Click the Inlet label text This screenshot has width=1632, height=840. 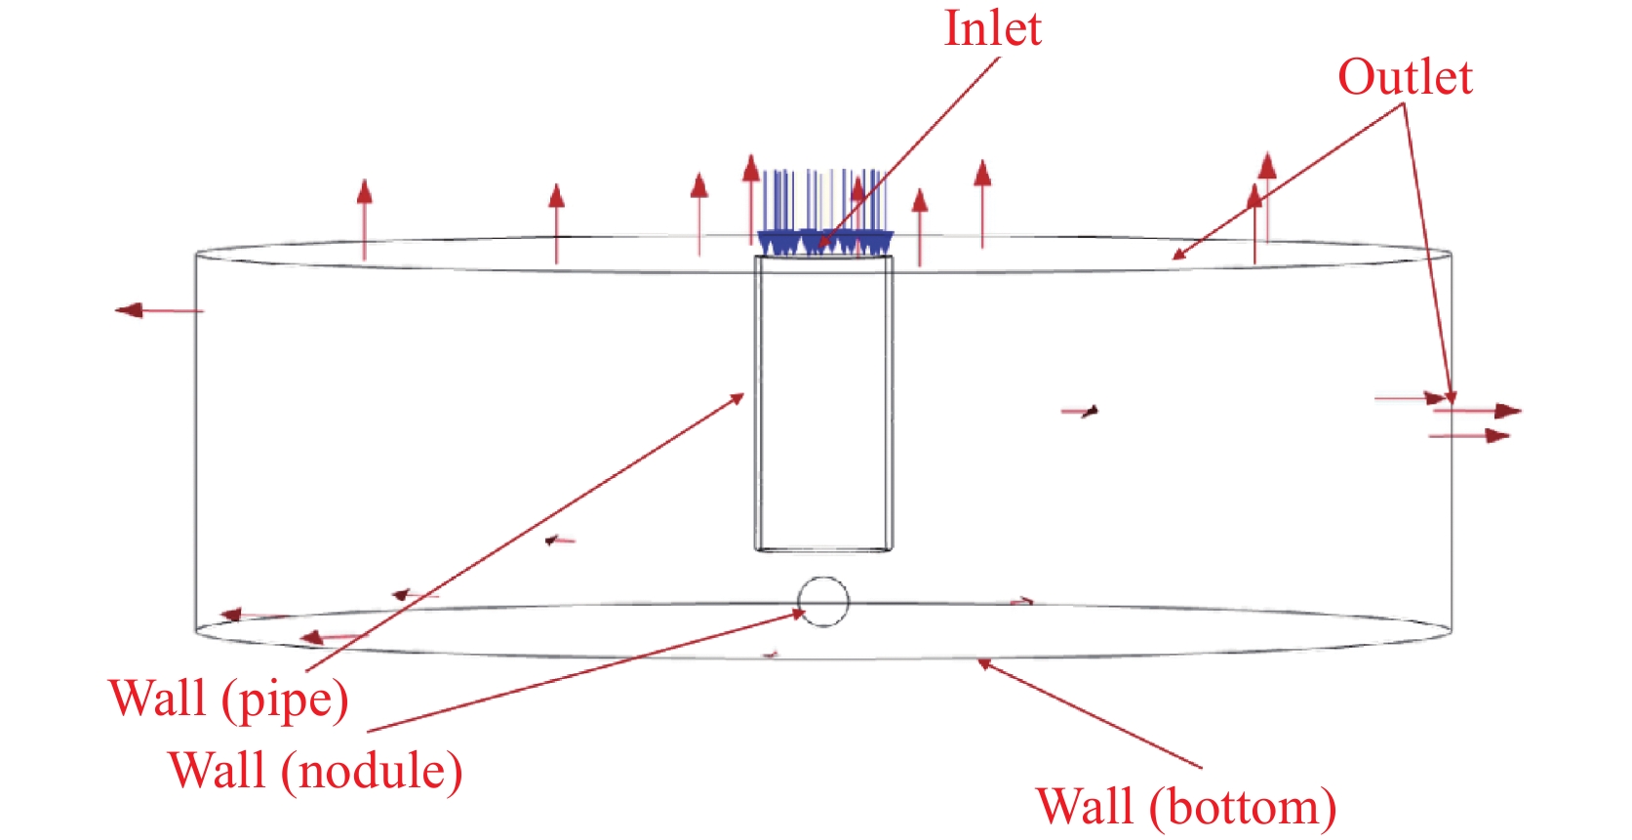(x=992, y=29)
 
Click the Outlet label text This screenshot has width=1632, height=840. (x=1404, y=78)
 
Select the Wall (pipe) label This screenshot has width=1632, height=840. (x=228, y=700)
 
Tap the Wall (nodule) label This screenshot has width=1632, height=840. (x=315, y=771)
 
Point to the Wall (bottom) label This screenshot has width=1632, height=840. (x=1185, y=808)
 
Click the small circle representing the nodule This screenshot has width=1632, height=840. (x=823, y=601)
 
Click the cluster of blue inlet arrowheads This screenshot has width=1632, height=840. (x=824, y=241)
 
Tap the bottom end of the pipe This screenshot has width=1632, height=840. (x=823, y=549)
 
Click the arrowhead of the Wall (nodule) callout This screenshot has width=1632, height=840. (x=800, y=614)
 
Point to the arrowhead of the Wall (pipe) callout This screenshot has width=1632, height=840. (x=738, y=397)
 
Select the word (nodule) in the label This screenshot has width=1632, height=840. (x=372, y=772)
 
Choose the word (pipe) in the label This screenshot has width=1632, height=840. (x=285, y=700)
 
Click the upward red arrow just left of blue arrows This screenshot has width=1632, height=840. (x=750, y=195)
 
